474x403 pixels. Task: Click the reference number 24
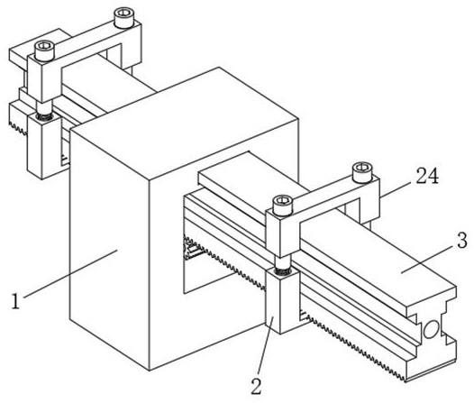(427, 176)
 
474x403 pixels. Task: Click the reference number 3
(462, 241)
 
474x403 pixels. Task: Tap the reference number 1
(15, 301)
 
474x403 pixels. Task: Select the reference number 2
(256, 387)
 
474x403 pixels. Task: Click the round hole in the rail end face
(431, 329)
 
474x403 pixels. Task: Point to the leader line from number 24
(397, 189)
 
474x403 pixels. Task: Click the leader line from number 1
(70, 273)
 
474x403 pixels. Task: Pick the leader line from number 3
(428, 259)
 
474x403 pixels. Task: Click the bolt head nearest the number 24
(362, 172)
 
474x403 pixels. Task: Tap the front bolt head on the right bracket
(283, 206)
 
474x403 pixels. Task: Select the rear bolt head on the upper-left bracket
(124, 18)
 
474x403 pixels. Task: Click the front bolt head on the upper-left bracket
(44, 51)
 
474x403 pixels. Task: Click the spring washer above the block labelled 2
(283, 272)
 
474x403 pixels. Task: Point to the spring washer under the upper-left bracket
(44, 116)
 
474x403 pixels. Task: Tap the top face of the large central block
(185, 124)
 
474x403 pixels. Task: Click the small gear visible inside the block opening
(192, 249)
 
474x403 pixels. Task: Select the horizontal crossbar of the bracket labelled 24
(326, 199)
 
